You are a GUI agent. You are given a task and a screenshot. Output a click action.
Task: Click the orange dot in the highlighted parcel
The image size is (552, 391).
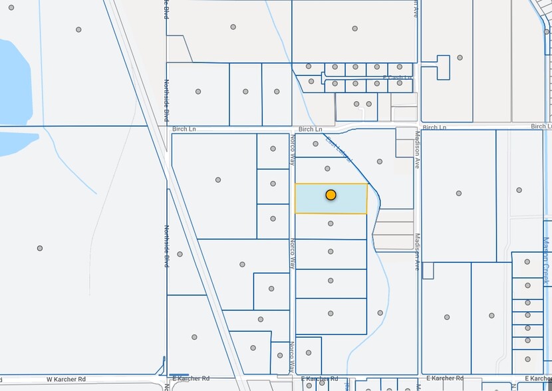pyautogui.click(x=331, y=195)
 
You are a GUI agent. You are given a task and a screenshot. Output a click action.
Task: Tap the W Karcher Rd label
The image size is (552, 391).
pyautogui.click(x=66, y=379)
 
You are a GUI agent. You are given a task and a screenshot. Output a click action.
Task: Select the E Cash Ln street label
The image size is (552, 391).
pyautogui.click(x=399, y=78)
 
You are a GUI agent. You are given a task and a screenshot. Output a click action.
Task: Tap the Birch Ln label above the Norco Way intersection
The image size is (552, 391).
pyautogui.click(x=310, y=129)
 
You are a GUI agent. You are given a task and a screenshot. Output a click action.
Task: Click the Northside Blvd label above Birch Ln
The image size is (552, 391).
pyautogui.click(x=167, y=100)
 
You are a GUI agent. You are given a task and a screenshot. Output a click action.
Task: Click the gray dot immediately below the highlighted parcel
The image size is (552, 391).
pyautogui.click(x=331, y=223)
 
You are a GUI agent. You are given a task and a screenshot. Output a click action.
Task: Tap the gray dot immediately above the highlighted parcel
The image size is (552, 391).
pyautogui.click(x=328, y=168)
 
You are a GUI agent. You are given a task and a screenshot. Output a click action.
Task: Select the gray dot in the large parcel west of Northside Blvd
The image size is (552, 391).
pyautogui.click(x=40, y=248)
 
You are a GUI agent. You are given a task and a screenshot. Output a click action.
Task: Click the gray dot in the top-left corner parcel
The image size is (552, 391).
pyautogui.click(x=78, y=29)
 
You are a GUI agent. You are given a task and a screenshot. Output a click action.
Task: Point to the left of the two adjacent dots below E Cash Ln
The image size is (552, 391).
pyautogui.click(x=357, y=104)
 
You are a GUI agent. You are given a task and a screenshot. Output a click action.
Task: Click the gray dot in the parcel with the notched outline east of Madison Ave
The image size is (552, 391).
pyautogui.click(x=460, y=58)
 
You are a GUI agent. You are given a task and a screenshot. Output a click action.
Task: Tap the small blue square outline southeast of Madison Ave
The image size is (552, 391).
pyautogui.click(x=428, y=271)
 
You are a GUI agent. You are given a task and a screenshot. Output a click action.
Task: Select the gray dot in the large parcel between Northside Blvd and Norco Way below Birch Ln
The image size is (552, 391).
pyautogui.click(x=218, y=180)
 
